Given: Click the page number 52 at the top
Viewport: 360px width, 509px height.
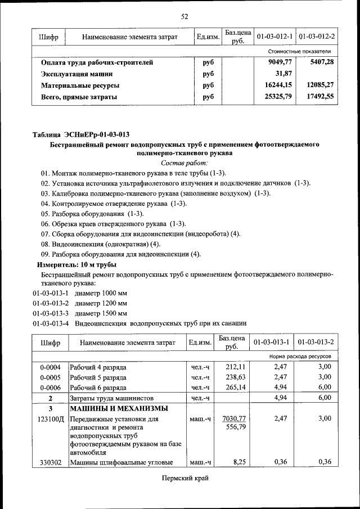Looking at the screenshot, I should pyautogui.click(x=184, y=16).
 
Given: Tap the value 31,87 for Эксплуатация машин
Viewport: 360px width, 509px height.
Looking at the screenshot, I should pyautogui.click(x=285, y=74).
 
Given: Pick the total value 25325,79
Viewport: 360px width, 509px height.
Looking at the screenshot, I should pyautogui.click(x=278, y=97).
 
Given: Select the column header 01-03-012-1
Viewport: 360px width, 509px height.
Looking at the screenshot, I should pyautogui.click(x=274, y=37).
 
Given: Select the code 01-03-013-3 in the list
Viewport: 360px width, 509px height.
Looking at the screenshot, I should pyautogui.click(x=51, y=313).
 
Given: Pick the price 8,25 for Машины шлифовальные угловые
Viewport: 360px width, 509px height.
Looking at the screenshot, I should pyautogui.click(x=240, y=462).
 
